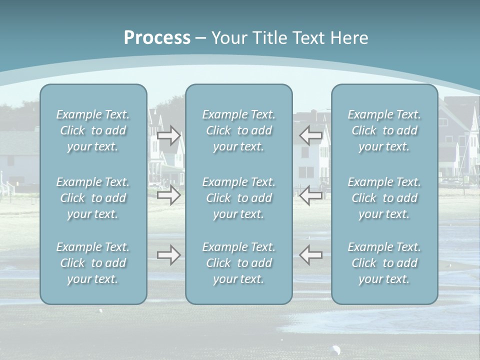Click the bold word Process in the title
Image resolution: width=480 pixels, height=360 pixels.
click(157, 38)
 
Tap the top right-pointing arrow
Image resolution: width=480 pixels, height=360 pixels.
click(169, 135)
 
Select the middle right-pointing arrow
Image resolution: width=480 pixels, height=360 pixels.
click(169, 195)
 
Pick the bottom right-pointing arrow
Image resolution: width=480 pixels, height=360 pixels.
click(169, 255)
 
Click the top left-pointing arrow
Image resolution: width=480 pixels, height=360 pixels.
click(311, 135)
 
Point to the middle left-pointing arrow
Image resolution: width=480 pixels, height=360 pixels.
click(311, 195)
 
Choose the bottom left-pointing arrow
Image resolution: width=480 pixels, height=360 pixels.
click(311, 255)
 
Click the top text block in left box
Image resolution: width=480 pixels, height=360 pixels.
click(93, 130)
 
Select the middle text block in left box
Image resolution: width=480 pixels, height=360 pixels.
click(93, 198)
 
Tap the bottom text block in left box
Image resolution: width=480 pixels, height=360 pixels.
click(93, 263)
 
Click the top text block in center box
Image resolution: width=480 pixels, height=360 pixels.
click(239, 130)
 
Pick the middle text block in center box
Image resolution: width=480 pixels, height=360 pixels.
click(239, 198)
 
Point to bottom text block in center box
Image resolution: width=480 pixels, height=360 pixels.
click(239, 263)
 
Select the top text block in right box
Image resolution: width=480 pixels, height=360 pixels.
click(384, 130)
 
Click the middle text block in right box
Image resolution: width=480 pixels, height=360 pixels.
click(384, 198)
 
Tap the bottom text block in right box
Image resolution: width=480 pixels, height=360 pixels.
click(384, 263)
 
